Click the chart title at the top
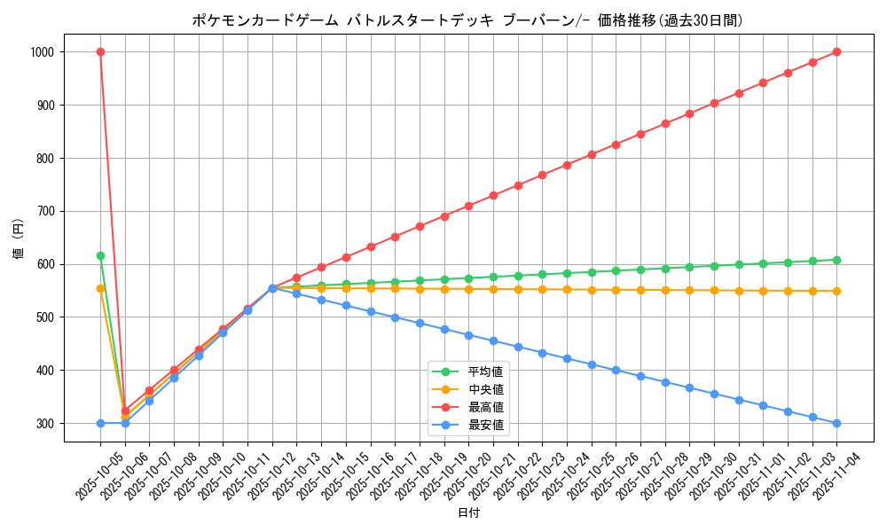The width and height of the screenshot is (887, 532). tap(467, 20)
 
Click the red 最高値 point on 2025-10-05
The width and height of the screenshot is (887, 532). tap(100, 51)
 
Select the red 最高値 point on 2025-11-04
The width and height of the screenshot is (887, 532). tap(836, 51)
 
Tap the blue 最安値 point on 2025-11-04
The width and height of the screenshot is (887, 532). tap(836, 423)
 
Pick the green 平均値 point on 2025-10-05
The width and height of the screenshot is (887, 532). tap(100, 255)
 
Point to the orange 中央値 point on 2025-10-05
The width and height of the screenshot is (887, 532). tap(100, 288)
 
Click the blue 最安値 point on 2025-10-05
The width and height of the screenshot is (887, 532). tap(100, 423)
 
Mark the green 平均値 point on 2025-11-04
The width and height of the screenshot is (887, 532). tap(836, 260)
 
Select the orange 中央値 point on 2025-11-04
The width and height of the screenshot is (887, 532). tap(836, 291)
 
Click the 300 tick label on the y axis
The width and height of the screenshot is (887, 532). tap(44, 424)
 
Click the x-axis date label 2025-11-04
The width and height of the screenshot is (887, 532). tap(823, 471)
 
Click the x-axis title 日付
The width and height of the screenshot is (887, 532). tap(468, 513)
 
